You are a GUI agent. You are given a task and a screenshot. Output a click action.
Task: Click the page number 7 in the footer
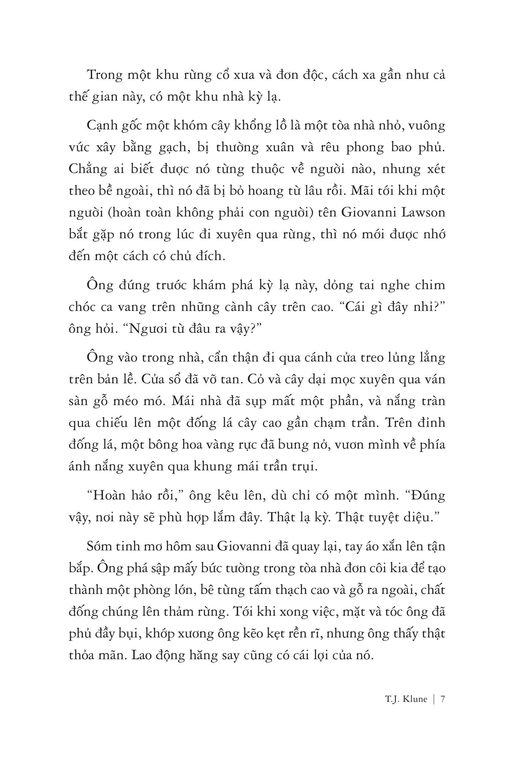pos(443,699)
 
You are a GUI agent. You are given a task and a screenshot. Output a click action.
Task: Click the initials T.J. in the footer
pos(392,699)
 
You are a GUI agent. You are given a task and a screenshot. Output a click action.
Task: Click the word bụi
pos(129,633)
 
